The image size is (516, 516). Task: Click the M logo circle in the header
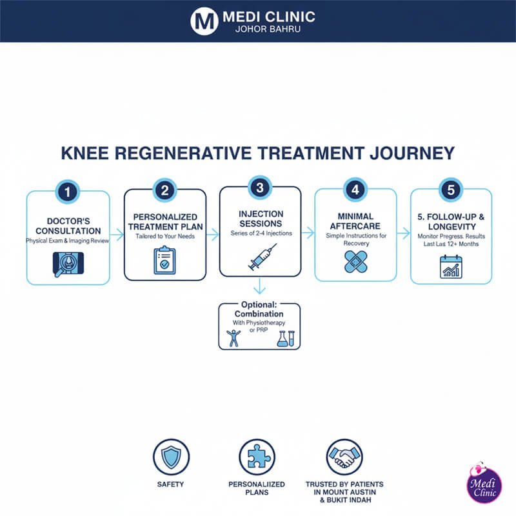(203, 20)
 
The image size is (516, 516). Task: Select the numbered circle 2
(164, 190)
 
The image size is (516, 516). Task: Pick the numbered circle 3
(260, 188)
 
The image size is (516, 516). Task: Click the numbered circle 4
(355, 190)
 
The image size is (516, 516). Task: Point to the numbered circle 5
(451, 190)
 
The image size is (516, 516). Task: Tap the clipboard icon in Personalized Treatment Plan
(164, 259)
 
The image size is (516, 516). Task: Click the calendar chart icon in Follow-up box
(451, 265)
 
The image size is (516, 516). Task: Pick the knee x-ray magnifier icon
(68, 263)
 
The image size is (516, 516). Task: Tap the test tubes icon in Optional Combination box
(285, 337)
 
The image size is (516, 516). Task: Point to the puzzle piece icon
(257, 457)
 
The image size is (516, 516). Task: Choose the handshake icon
(344, 457)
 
